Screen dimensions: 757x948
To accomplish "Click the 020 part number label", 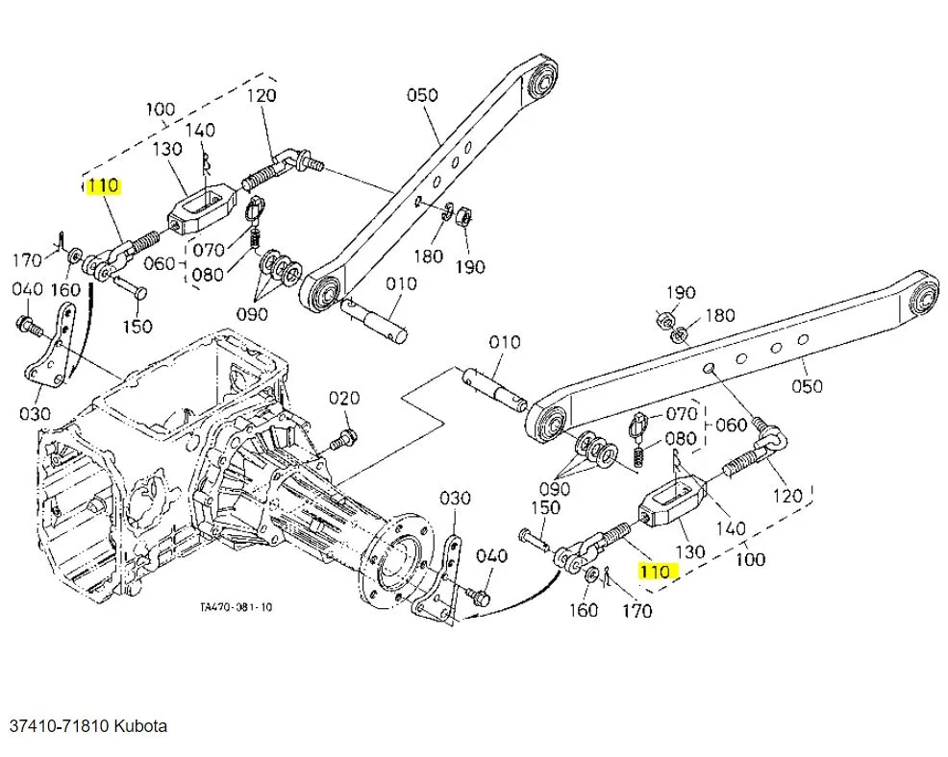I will (x=343, y=398).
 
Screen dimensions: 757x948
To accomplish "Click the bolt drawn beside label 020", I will (x=342, y=441).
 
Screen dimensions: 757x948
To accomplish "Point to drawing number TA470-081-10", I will (x=237, y=607).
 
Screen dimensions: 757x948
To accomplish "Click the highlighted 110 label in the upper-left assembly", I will (x=103, y=186).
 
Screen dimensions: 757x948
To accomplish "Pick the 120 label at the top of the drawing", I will (x=261, y=95).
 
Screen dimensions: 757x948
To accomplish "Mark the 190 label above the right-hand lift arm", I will (x=680, y=292).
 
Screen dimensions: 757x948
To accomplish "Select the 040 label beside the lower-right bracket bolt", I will (x=491, y=556).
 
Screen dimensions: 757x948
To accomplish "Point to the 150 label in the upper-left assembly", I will (x=137, y=327).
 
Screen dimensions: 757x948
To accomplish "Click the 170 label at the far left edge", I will (x=27, y=259).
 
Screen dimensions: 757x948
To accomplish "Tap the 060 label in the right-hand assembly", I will (x=732, y=425).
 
